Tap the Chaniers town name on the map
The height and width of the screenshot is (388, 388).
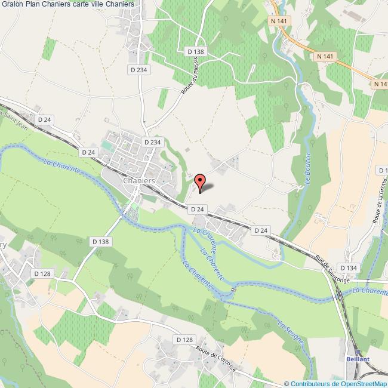pyautogui.click(x=138, y=180)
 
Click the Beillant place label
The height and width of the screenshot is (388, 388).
pyautogui.click(x=358, y=359)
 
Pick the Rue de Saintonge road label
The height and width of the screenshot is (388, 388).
pyautogui.click(x=334, y=267)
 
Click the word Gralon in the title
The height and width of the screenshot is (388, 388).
pyautogui.click(x=13, y=4)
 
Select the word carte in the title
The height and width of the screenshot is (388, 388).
pyautogui.click(x=87, y=4)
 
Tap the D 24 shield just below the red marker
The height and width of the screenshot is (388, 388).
pyautogui.click(x=197, y=209)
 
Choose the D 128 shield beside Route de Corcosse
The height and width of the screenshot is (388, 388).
pyautogui.click(x=185, y=340)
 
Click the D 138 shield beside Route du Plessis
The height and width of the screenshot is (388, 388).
pyautogui.click(x=195, y=52)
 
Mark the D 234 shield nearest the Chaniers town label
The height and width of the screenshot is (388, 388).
pyautogui.click(x=152, y=142)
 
